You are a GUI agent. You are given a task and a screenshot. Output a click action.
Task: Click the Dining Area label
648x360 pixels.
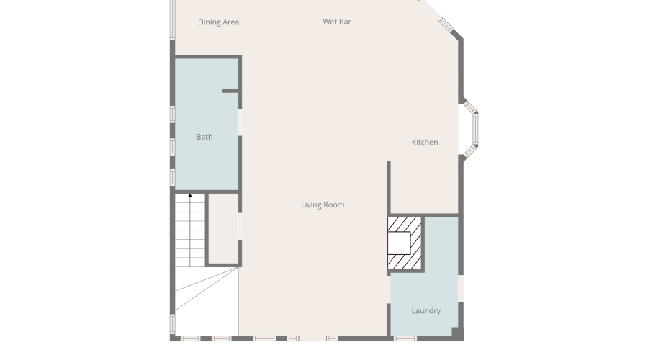tap(218, 22)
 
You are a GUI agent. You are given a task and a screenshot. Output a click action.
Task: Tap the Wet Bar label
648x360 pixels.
tap(337, 22)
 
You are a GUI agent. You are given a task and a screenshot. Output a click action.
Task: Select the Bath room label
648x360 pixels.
tap(204, 137)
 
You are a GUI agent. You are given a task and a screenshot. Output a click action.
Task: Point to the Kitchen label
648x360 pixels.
tap(425, 142)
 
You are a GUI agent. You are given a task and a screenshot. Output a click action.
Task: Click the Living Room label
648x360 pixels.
tap(323, 204)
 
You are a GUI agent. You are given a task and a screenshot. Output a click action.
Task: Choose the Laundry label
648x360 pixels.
tap(426, 311)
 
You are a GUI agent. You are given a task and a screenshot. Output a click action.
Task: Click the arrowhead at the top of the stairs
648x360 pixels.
tap(190, 196)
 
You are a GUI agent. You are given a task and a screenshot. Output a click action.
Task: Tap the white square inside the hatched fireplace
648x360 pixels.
tap(399, 243)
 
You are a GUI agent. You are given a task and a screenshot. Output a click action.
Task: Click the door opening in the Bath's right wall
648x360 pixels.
tap(240, 122)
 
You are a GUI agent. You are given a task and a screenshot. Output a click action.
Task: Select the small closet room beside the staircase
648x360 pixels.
tap(224, 228)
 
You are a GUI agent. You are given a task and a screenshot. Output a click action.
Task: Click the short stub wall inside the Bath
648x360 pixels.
tap(230, 91)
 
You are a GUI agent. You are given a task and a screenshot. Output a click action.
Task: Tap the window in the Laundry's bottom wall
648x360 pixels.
tap(405, 338)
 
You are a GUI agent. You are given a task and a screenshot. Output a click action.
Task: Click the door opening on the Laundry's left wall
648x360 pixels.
tap(389, 290)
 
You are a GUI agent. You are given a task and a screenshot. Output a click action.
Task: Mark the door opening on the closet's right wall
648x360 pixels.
tap(240, 227)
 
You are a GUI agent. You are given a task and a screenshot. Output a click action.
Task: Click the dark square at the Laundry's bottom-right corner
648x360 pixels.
tap(457, 333)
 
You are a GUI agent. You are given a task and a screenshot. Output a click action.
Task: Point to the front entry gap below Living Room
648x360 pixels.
tap(313, 338)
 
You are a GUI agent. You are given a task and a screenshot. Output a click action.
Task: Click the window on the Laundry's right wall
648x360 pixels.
tap(461, 289)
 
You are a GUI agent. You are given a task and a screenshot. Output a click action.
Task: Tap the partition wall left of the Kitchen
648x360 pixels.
tap(389, 189)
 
